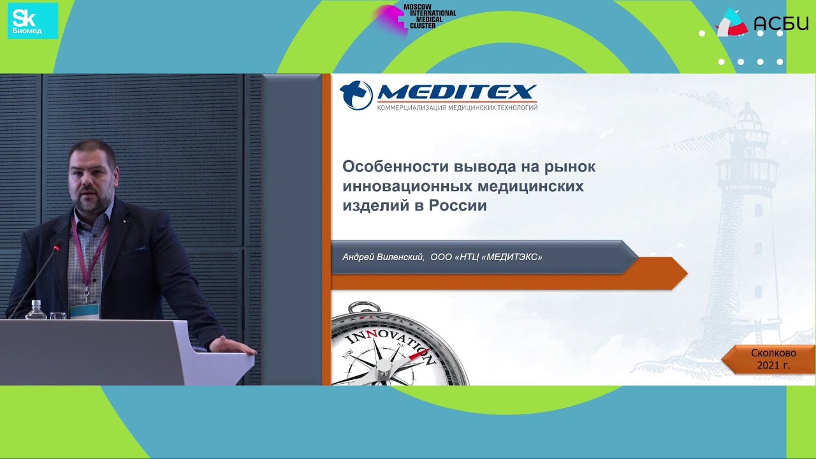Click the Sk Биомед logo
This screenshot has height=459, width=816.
(x=33, y=21)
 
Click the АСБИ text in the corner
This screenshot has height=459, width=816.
(x=780, y=24)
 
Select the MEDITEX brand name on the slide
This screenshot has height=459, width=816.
(x=456, y=93)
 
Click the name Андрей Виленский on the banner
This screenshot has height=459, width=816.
(x=383, y=257)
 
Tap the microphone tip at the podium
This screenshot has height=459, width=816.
(x=57, y=245)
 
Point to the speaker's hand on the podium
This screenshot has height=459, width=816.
(x=229, y=346)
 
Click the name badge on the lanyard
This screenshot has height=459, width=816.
(x=85, y=309)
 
